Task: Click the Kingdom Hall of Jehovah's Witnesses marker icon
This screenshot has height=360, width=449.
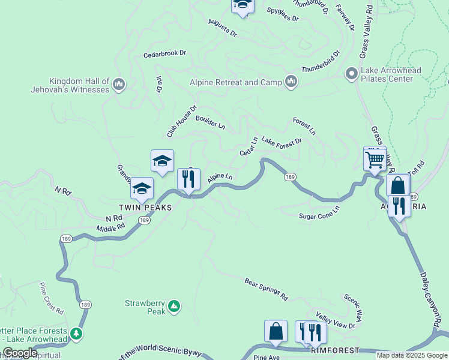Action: [x=118, y=83]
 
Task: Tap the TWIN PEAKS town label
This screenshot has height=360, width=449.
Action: [x=145, y=207]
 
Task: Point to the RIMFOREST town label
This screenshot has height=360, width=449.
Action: [x=335, y=350]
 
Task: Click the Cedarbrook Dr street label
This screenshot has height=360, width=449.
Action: [x=164, y=53]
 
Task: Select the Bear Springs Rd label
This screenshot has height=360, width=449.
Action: [x=267, y=289]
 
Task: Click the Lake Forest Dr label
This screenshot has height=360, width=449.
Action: [x=281, y=142]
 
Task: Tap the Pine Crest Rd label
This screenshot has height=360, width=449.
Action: [x=52, y=298]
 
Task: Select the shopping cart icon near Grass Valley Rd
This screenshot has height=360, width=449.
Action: [x=375, y=160]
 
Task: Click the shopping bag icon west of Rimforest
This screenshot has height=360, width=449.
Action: [x=276, y=331]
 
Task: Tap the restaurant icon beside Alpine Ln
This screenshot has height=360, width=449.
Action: [x=188, y=179]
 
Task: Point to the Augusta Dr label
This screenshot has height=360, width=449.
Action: [x=222, y=28]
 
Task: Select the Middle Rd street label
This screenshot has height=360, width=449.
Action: [x=110, y=227]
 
